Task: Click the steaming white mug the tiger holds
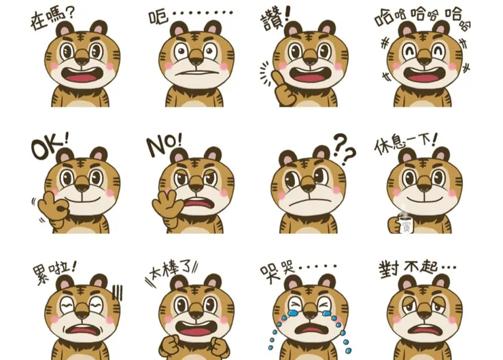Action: (406, 223)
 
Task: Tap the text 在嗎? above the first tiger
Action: (52, 18)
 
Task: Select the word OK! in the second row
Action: (50, 145)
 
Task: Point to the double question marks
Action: (344, 148)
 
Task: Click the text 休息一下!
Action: (406, 143)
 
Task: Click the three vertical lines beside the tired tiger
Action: (117, 292)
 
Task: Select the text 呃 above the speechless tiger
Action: (158, 17)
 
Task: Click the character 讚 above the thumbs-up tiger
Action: (272, 19)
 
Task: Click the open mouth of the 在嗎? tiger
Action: (82, 75)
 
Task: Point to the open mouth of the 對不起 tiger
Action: (425, 331)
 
